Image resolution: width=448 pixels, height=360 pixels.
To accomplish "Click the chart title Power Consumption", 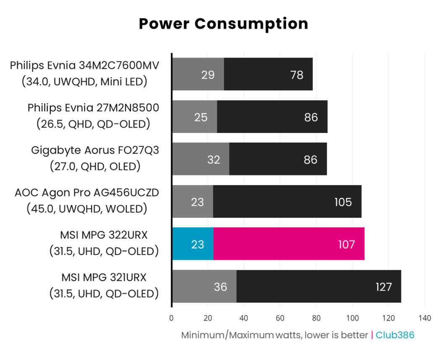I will click(223, 24).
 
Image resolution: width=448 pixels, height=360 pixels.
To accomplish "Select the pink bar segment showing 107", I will click(289, 244).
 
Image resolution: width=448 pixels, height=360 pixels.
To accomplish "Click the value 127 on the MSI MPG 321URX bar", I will click(383, 287).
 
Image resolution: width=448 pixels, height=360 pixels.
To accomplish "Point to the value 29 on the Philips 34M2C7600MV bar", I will click(208, 75).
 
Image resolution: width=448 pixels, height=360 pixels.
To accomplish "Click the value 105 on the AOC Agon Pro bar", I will click(343, 202).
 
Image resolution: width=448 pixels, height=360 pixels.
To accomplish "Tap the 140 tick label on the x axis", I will click(425, 318).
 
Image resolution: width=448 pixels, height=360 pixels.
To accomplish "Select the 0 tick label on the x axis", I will click(172, 318).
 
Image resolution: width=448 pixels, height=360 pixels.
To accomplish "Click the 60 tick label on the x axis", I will click(280, 318).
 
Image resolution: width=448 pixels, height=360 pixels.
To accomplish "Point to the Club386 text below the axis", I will click(395, 335).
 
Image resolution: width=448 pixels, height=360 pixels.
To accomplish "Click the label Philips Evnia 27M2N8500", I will click(93, 107).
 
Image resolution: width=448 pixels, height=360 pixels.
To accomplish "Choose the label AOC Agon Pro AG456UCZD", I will click(87, 193).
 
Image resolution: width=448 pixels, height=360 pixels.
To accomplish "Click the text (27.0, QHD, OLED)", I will click(95, 166).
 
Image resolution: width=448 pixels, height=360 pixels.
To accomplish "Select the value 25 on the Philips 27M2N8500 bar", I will click(201, 117).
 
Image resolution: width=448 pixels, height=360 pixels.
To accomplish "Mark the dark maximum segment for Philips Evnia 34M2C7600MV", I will click(268, 74).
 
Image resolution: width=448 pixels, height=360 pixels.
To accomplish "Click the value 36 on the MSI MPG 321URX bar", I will click(220, 287).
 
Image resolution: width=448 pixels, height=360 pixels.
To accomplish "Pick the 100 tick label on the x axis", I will click(352, 318).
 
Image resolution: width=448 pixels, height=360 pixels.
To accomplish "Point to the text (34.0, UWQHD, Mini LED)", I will click(84, 81).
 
